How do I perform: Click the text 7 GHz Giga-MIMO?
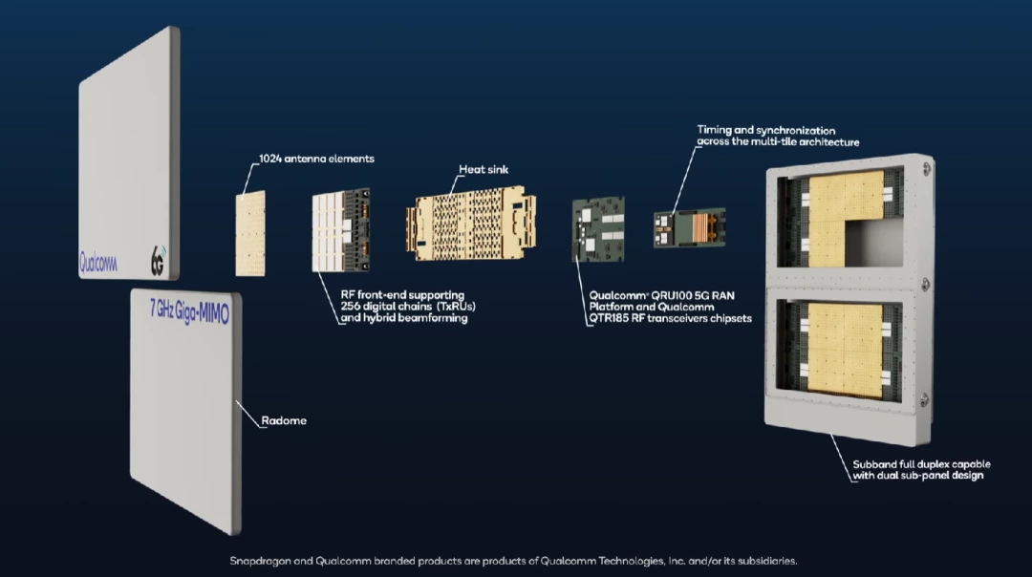[188, 311]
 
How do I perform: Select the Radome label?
[284, 420]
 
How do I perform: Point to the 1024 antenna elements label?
[316, 159]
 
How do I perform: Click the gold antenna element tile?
[250, 234]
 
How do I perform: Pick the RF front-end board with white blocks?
[340, 234]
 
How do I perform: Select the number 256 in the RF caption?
[354, 306]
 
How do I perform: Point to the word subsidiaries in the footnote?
[761, 561]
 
